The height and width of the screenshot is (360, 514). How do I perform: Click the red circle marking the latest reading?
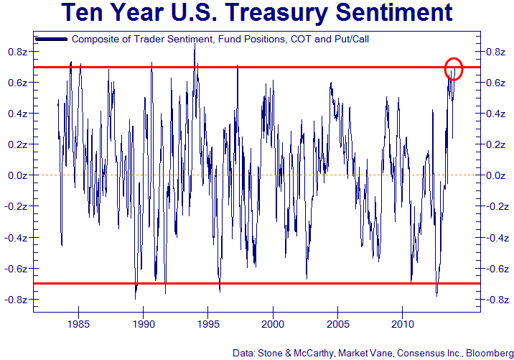click(x=454, y=68)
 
